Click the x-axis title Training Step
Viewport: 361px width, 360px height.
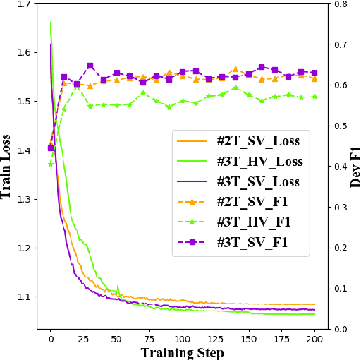coord(183,352)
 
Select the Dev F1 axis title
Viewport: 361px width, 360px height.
coord(355,166)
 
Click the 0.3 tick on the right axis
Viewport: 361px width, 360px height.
coord(338,207)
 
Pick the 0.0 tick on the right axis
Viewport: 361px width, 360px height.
coord(338,329)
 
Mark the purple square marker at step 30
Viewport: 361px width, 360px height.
coord(90,66)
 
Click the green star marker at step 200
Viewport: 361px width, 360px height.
coord(314,97)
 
